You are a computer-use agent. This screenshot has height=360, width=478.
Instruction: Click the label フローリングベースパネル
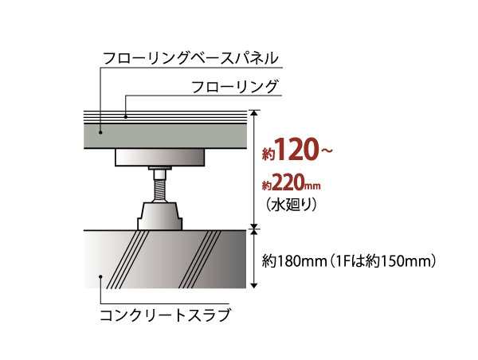[190, 58]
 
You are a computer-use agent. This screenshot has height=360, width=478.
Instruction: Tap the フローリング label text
[234, 87]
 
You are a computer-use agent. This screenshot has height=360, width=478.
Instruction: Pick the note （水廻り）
[292, 205]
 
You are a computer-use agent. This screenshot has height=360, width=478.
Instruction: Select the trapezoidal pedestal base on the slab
[159, 217]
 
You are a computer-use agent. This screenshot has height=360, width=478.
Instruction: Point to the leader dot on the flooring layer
[126, 116]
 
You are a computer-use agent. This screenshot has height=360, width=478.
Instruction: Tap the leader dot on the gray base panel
[100, 132]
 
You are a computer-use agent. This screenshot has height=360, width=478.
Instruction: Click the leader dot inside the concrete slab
[100, 276]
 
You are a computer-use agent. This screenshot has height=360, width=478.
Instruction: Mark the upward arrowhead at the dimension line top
[255, 114]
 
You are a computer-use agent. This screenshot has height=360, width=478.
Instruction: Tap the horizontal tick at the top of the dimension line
[255, 110]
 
